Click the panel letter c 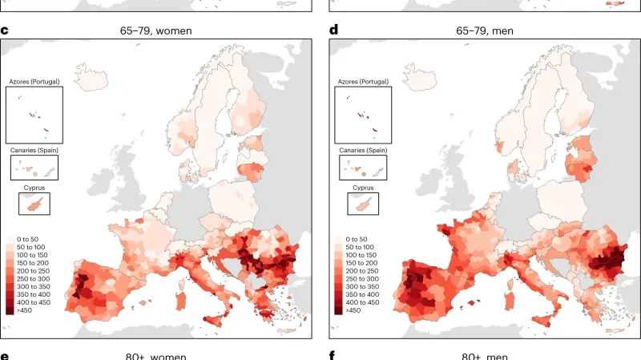[5, 31]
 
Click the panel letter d [334, 31]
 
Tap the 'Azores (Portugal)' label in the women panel [34, 82]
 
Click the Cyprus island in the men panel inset [362, 204]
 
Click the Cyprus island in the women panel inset [34, 204]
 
